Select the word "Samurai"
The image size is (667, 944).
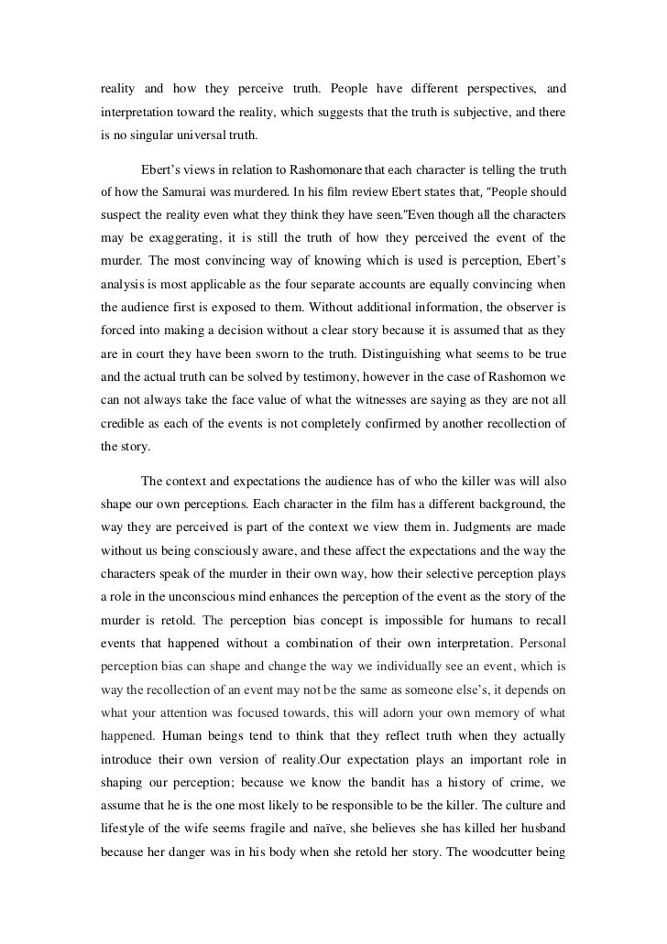188,194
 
